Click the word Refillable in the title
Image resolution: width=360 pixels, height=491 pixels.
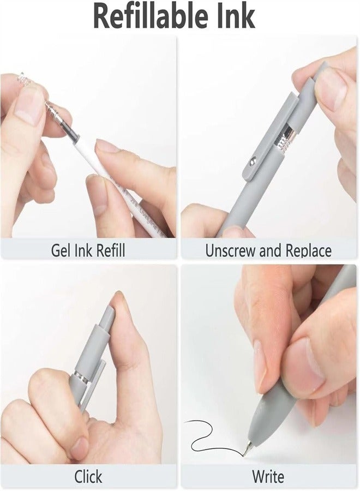pos(143,16)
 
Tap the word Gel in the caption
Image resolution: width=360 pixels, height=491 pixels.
pos(62,250)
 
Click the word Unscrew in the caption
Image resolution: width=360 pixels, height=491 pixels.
pos(229,250)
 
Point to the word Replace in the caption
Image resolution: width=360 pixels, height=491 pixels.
pos(305,250)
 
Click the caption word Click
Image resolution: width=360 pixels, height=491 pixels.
pos(88,477)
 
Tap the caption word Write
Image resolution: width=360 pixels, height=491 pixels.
pos(268,477)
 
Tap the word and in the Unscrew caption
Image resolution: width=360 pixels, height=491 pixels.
pos(267,250)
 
